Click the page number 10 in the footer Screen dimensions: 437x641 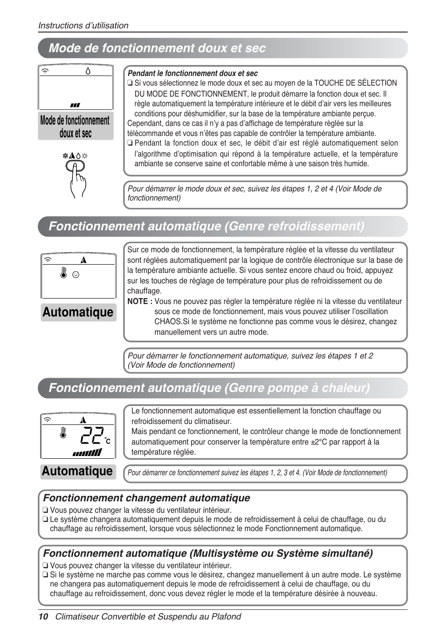pos(43,617)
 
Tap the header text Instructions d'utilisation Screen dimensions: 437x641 pos(83,26)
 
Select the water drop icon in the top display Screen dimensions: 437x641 pos(88,71)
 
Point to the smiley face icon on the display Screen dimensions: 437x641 pos(76,275)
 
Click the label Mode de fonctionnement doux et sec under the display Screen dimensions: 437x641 pos(76,127)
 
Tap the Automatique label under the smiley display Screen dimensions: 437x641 pos(78,312)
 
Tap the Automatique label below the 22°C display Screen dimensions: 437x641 pos(77,471)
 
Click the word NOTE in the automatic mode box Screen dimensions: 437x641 pos(137,301)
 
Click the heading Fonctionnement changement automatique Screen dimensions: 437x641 pos(147,498)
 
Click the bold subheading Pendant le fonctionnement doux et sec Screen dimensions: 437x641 pos(192,73)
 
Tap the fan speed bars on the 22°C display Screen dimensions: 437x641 pos(87,453)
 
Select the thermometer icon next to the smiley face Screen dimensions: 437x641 pos(64,274)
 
